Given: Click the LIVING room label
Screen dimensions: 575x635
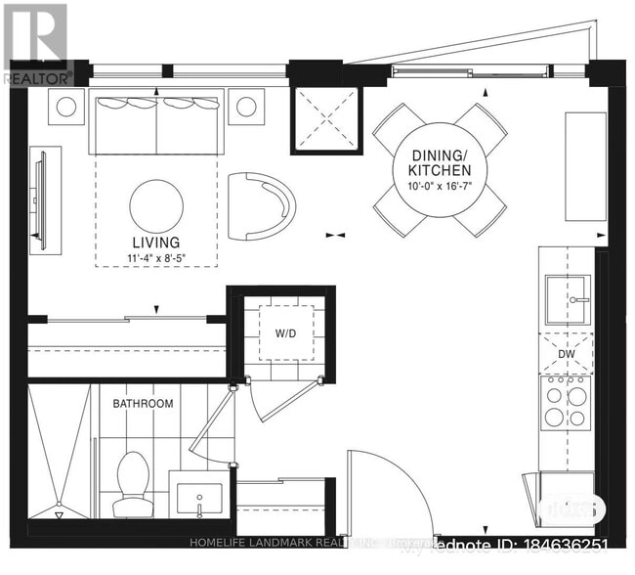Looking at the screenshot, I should pos(156,242).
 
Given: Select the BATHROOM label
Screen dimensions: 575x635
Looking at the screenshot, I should pos(143,403).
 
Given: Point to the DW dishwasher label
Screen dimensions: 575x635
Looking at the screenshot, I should pos(566,354).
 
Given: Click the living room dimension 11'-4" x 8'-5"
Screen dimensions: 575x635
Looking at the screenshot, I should pos(156,258).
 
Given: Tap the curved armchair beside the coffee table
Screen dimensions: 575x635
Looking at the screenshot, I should pos(259,205).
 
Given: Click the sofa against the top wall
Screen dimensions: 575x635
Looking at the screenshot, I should pos(158,122).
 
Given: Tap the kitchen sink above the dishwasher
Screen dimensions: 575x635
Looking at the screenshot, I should pos(566,299).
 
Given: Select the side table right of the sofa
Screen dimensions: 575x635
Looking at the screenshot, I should pos(246,107).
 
